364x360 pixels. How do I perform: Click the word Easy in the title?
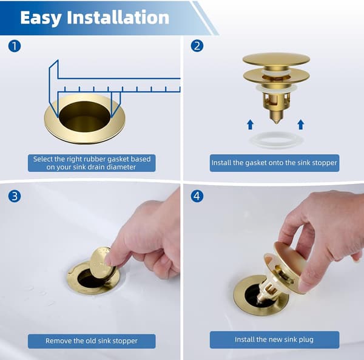tap(41, 18)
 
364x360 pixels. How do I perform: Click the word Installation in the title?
tap(118, 17)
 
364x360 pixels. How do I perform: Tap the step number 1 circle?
tap(15, 46)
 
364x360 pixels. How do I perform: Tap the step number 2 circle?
tap(197, 46)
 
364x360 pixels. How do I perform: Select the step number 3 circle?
tap(15, 196)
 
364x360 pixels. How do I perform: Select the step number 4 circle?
tap(197, 196)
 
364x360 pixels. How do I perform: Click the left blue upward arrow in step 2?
tap(250, 124)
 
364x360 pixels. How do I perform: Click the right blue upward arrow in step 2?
tap(301, 124)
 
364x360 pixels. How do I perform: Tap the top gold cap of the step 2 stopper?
tap(276, 59)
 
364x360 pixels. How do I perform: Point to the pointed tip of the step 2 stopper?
tap(276, 123)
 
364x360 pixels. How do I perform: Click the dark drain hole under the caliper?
tap(84, 117)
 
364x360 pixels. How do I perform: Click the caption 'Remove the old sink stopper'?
tap(92, 341)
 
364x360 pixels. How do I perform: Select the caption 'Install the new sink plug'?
tap(274, 339)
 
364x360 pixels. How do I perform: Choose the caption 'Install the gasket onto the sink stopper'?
tap(274, 163)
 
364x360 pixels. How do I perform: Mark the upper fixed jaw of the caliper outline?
tap(53, 88)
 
